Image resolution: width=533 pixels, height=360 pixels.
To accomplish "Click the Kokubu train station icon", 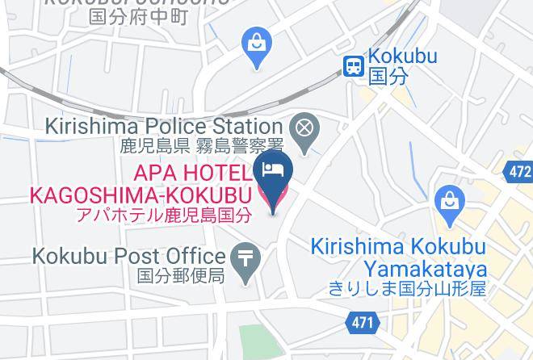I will click(x=353, y=66).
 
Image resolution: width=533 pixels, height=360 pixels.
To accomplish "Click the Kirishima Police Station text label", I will click(x=164, y=127).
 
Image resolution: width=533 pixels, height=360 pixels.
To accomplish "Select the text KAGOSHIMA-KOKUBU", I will click(x=141, y=195).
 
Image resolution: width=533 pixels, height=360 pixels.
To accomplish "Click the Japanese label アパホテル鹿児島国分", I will click(x=163, y=215).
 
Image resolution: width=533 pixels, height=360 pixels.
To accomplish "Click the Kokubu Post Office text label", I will click(x=128, y=257).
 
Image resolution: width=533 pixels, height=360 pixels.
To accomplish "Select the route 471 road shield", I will click(x=363, y=323).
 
